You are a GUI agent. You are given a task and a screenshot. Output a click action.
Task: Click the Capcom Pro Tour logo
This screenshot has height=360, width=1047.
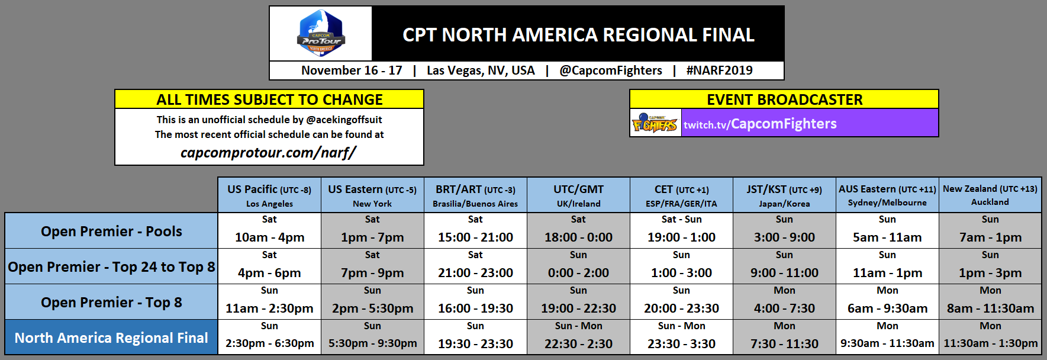click(321, 33)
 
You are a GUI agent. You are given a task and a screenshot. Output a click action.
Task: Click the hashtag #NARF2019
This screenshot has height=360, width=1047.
click(719, 70)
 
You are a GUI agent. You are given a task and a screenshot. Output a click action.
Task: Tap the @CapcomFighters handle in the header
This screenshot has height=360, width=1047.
click(610, 70)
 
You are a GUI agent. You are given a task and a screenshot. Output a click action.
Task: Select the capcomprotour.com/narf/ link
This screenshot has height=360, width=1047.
click(268, 153)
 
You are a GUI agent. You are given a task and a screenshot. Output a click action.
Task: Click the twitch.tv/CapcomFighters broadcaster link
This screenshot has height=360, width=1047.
click(760, 124)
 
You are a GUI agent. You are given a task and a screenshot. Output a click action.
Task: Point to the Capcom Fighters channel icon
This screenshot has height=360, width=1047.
click(655, 123)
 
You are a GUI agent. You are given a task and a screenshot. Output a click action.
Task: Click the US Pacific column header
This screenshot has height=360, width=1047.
click(269, 195)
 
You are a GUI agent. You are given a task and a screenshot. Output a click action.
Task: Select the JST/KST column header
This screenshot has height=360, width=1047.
click(784, 195)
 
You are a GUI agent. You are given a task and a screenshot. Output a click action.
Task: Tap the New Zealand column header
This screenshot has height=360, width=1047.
click(990, 195)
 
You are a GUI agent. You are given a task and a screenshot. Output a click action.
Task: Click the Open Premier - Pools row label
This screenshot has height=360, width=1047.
click(111, 231)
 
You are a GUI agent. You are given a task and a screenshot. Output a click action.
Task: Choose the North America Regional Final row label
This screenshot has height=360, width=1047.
click(111, 337)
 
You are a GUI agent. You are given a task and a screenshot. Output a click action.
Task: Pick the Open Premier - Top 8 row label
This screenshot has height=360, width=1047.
click(111, 302)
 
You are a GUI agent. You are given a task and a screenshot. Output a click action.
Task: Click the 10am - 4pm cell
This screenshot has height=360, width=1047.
click(269, 237)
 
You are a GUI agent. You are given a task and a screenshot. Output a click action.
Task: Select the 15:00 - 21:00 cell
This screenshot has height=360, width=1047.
click(475, 237)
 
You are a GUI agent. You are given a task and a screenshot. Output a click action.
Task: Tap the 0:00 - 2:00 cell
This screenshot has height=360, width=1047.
click(578, 272)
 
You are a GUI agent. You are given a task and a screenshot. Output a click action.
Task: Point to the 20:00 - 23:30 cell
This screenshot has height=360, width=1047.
click(681, 308)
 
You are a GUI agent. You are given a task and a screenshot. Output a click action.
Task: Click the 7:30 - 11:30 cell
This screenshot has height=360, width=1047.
click(784, 343)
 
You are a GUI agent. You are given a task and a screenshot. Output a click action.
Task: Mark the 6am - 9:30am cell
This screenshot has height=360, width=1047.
click(887, 308)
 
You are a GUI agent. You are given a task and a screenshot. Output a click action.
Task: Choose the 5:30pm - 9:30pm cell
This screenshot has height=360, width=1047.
click(372, 343)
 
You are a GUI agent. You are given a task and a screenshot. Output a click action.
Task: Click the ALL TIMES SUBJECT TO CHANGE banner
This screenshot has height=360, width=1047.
click(269, 99)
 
